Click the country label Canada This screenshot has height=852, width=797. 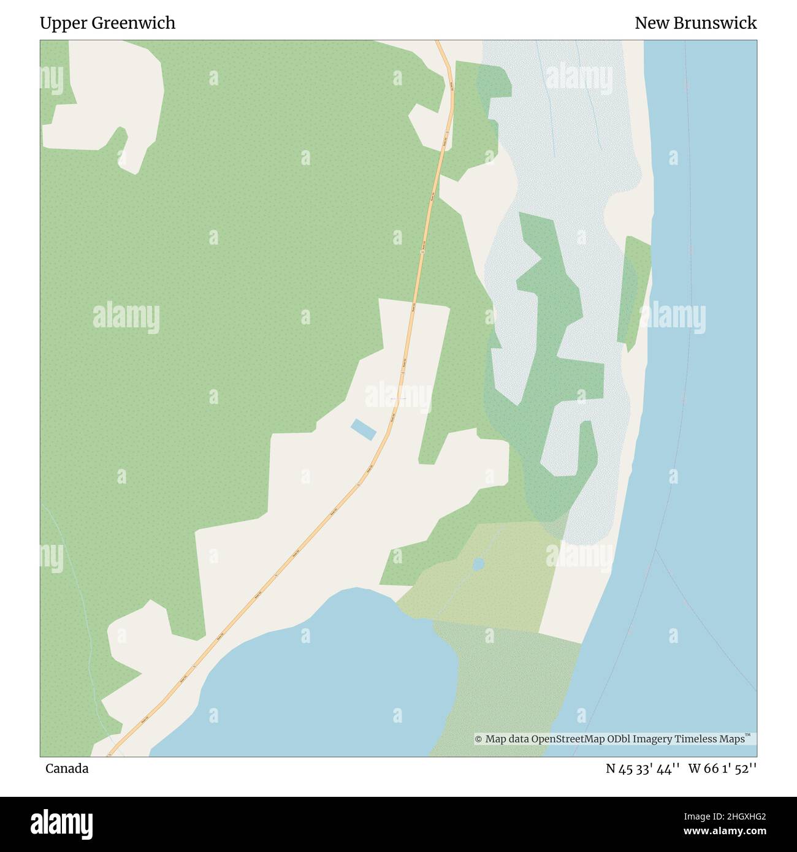point(67,769)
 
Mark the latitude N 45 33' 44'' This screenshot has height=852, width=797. point(643,769)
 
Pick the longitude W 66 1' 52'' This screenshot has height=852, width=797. point(722,769)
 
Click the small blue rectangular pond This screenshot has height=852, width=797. point(363,429)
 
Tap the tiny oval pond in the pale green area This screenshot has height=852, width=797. point(478,564)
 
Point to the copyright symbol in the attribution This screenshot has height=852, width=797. point(478,739)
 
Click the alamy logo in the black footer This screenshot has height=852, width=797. point(61,823)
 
